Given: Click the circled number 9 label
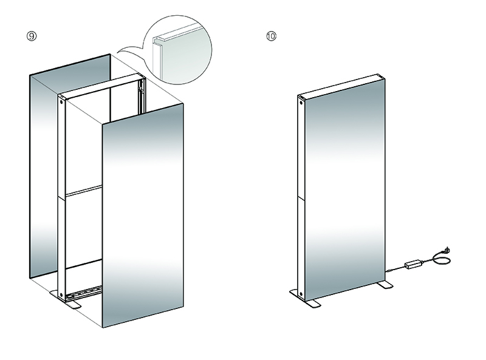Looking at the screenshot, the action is (32, 36).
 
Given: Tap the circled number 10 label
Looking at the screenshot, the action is (271, 36).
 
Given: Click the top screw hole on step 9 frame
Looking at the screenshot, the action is (61, 101).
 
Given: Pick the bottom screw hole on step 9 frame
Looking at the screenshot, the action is (61, 294).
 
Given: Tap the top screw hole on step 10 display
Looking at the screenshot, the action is (301, 103).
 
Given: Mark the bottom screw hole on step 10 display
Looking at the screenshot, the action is (301, 294).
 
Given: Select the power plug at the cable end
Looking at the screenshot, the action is (447, 250).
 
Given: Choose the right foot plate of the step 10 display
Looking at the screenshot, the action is (385, 285).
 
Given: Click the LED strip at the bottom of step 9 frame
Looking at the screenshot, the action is (84, 291).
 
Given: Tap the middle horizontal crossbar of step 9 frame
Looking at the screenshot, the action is (84, 191).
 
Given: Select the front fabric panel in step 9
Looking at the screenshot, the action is (143, 216).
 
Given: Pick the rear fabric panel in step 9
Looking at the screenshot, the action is (70, 166).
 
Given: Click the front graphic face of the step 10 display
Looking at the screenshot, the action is (345, 189).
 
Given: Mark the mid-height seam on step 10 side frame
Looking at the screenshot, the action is (301, 196).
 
